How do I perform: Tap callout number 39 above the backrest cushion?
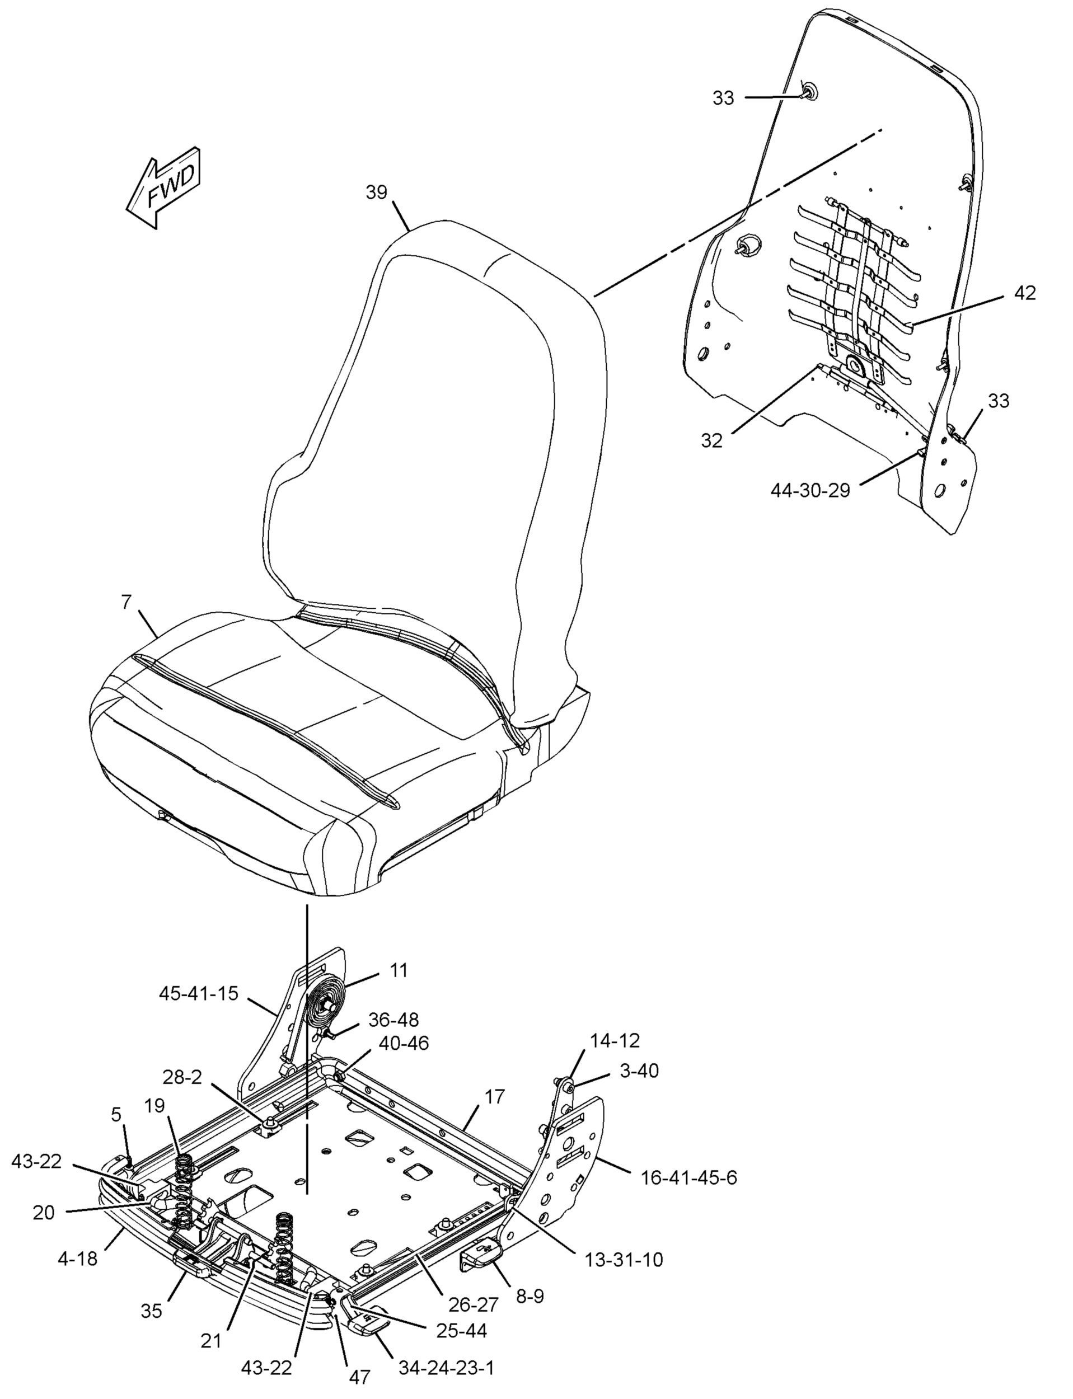pos(376,192)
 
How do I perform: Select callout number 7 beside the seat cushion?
pos(126,601)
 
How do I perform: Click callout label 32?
pos(711,440)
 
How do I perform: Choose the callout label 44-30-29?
pos(810,490)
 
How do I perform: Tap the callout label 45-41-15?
pos(199,993)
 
